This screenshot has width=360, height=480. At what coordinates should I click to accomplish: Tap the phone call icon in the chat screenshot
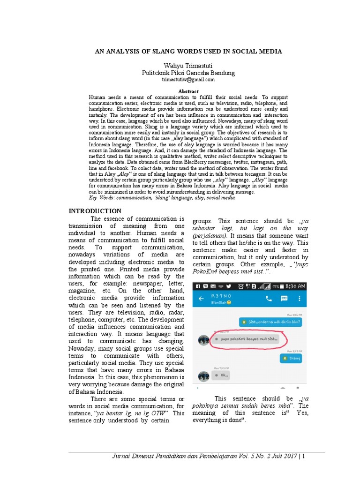coord(269,298)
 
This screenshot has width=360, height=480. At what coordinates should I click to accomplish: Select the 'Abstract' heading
coord(188,91)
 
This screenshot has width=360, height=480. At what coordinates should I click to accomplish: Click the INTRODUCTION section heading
coord(95,211)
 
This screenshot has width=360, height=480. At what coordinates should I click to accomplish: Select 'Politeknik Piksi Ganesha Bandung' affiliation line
coord(188,73)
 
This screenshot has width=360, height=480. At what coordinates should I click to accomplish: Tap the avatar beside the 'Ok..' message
coord(203,376)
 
